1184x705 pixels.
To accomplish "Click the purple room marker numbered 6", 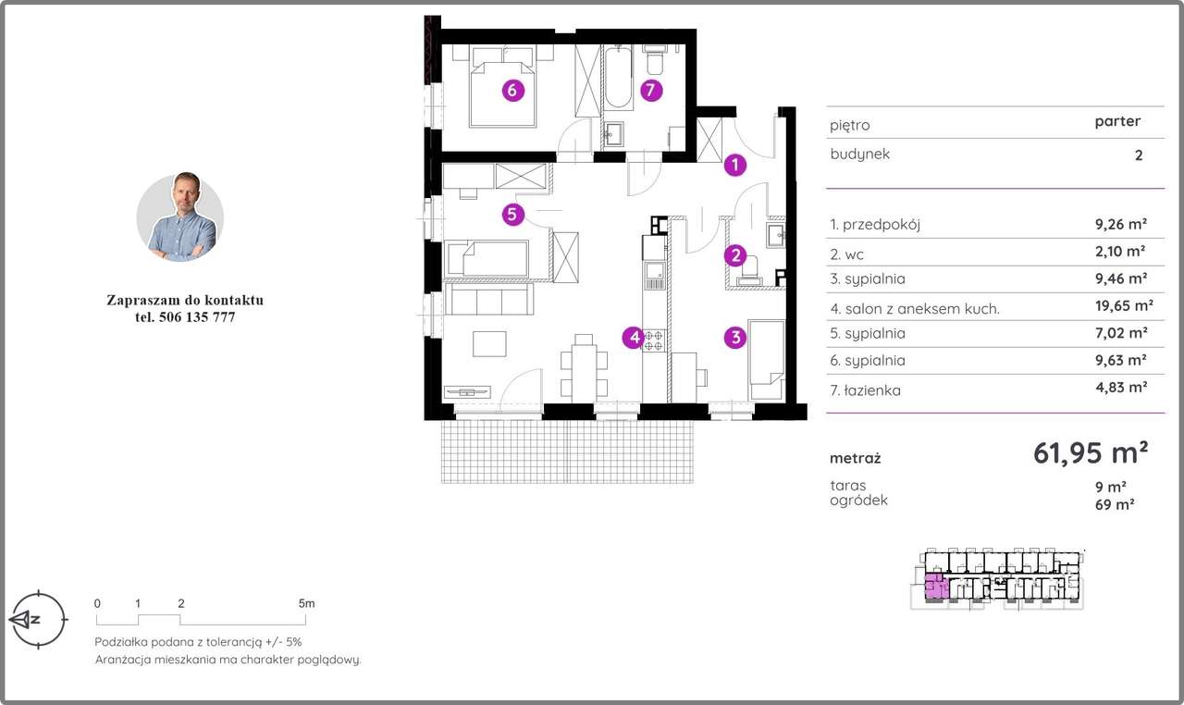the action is pyautogui.click(x=512, y=91).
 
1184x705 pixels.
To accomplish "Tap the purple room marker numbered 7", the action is pyautogui.click(x=650, y=91).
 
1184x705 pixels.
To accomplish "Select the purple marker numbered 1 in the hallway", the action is pyautogui.click(x=734, y=166).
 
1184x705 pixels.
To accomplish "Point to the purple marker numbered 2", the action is pyautogui.click(x=734, y=256).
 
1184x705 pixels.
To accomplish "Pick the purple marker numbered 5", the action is pyautogui.click(x=512, y=215).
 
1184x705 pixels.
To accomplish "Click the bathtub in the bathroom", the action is pyautogui.click(x=618, y=78).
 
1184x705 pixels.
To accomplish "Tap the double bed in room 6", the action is pyautogui.click(x=502, y=86).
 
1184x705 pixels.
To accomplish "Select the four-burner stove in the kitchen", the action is pyautogui.click(x=654, y=340).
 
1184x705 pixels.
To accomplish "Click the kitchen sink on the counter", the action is pyautogui.click(x=654, y=277).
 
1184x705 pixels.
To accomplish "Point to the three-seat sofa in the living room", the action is pyautogui.click(x=489, y=299).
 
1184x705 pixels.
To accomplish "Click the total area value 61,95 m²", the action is pyautogui.click(x=1091, y=452).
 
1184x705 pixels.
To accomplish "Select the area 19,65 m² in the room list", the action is pyautogui.click(x=1124, y=305).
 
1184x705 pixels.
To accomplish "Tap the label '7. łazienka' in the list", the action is pyautogui.click(x=865, y=390).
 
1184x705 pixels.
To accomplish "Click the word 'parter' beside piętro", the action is pyautogui.click(x=1117, y=121).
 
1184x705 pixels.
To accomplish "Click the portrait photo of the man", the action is pyautogui.click(x=180, y=216).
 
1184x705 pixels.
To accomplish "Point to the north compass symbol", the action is pyautogui.click(x=38, y=619).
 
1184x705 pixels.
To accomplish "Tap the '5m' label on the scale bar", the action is pyautogui.click(x=306, y=603).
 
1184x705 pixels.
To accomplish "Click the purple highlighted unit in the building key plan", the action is pyautogui.click(x=935, y=587).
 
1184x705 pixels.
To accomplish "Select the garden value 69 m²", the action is pyautogui.click(x=1115, y=504).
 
